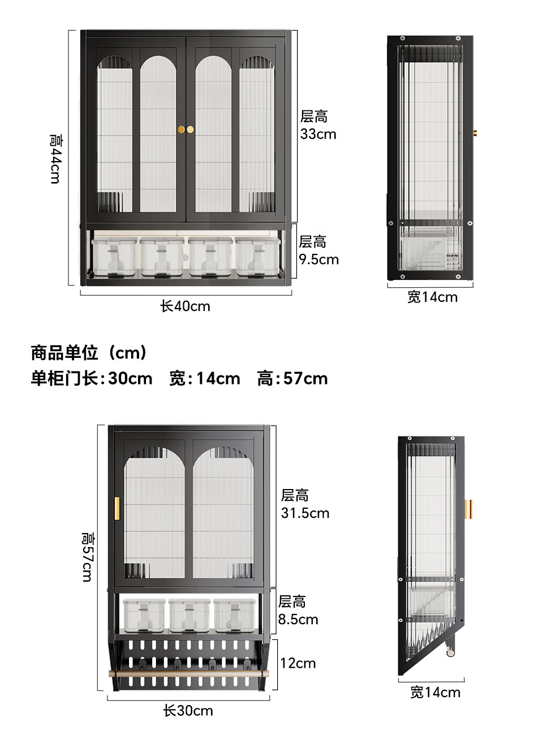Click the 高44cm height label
pyautogui.click(x=55, y=159)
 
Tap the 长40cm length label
pyautogui.click(x=185, y=306)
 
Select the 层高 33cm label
pyautogui.click(x=318, y=125)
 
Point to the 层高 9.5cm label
pyautogui.click(x=318, y=250)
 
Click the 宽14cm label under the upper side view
pyautogui.click(x=432, y=297)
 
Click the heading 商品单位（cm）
pyautogui.click(x=89, y=353)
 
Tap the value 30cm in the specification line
pyautogui.click(x=130, y=379)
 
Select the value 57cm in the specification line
pyautogui.click(x=305, y=379)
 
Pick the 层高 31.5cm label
pyautogui.click(x=305, y=504)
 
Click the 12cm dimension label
pyautogui.click(x=298, y=663)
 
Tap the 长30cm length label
pyautogui.click(x=188, y=711)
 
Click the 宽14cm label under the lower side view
pyautogui.click(x=435, y=693)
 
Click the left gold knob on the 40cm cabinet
pyautogui.click(x=182, y=129)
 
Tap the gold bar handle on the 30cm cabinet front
pyautogui.click(x=117, y=508)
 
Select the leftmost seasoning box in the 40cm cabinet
pyautogui.click(x=115, y=257)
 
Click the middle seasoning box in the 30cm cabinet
pyautogui.click(x=189, y=616)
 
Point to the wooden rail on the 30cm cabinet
pyautogui.click(x=189, y=673)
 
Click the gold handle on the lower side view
pyautogui.click(x=468, y=509)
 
